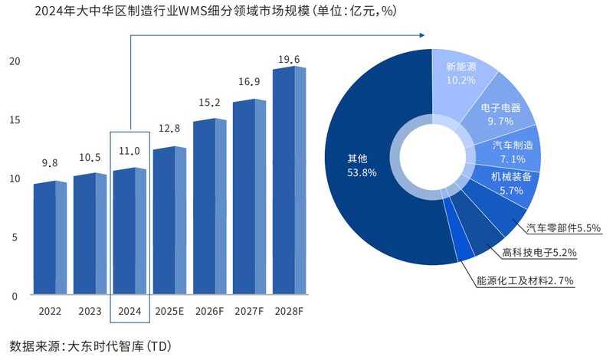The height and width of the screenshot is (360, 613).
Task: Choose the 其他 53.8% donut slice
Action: pyautogui.click(x=360, y=165)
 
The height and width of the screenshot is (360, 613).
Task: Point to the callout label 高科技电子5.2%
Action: pyautogui.click(x=539, y=253)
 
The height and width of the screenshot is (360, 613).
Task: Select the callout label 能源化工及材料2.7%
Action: pyautogui.click(x=525, y=281)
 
